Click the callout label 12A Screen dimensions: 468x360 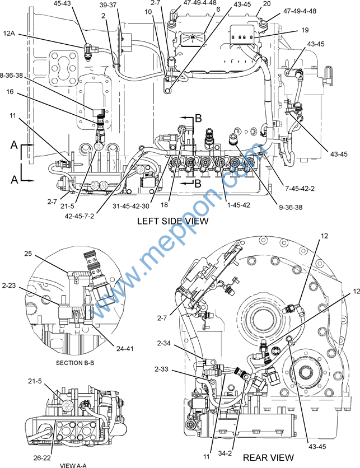[x=14, y=34]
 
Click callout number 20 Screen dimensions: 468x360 [x=267, y=3]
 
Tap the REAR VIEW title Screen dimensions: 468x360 [x=268, y=457]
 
